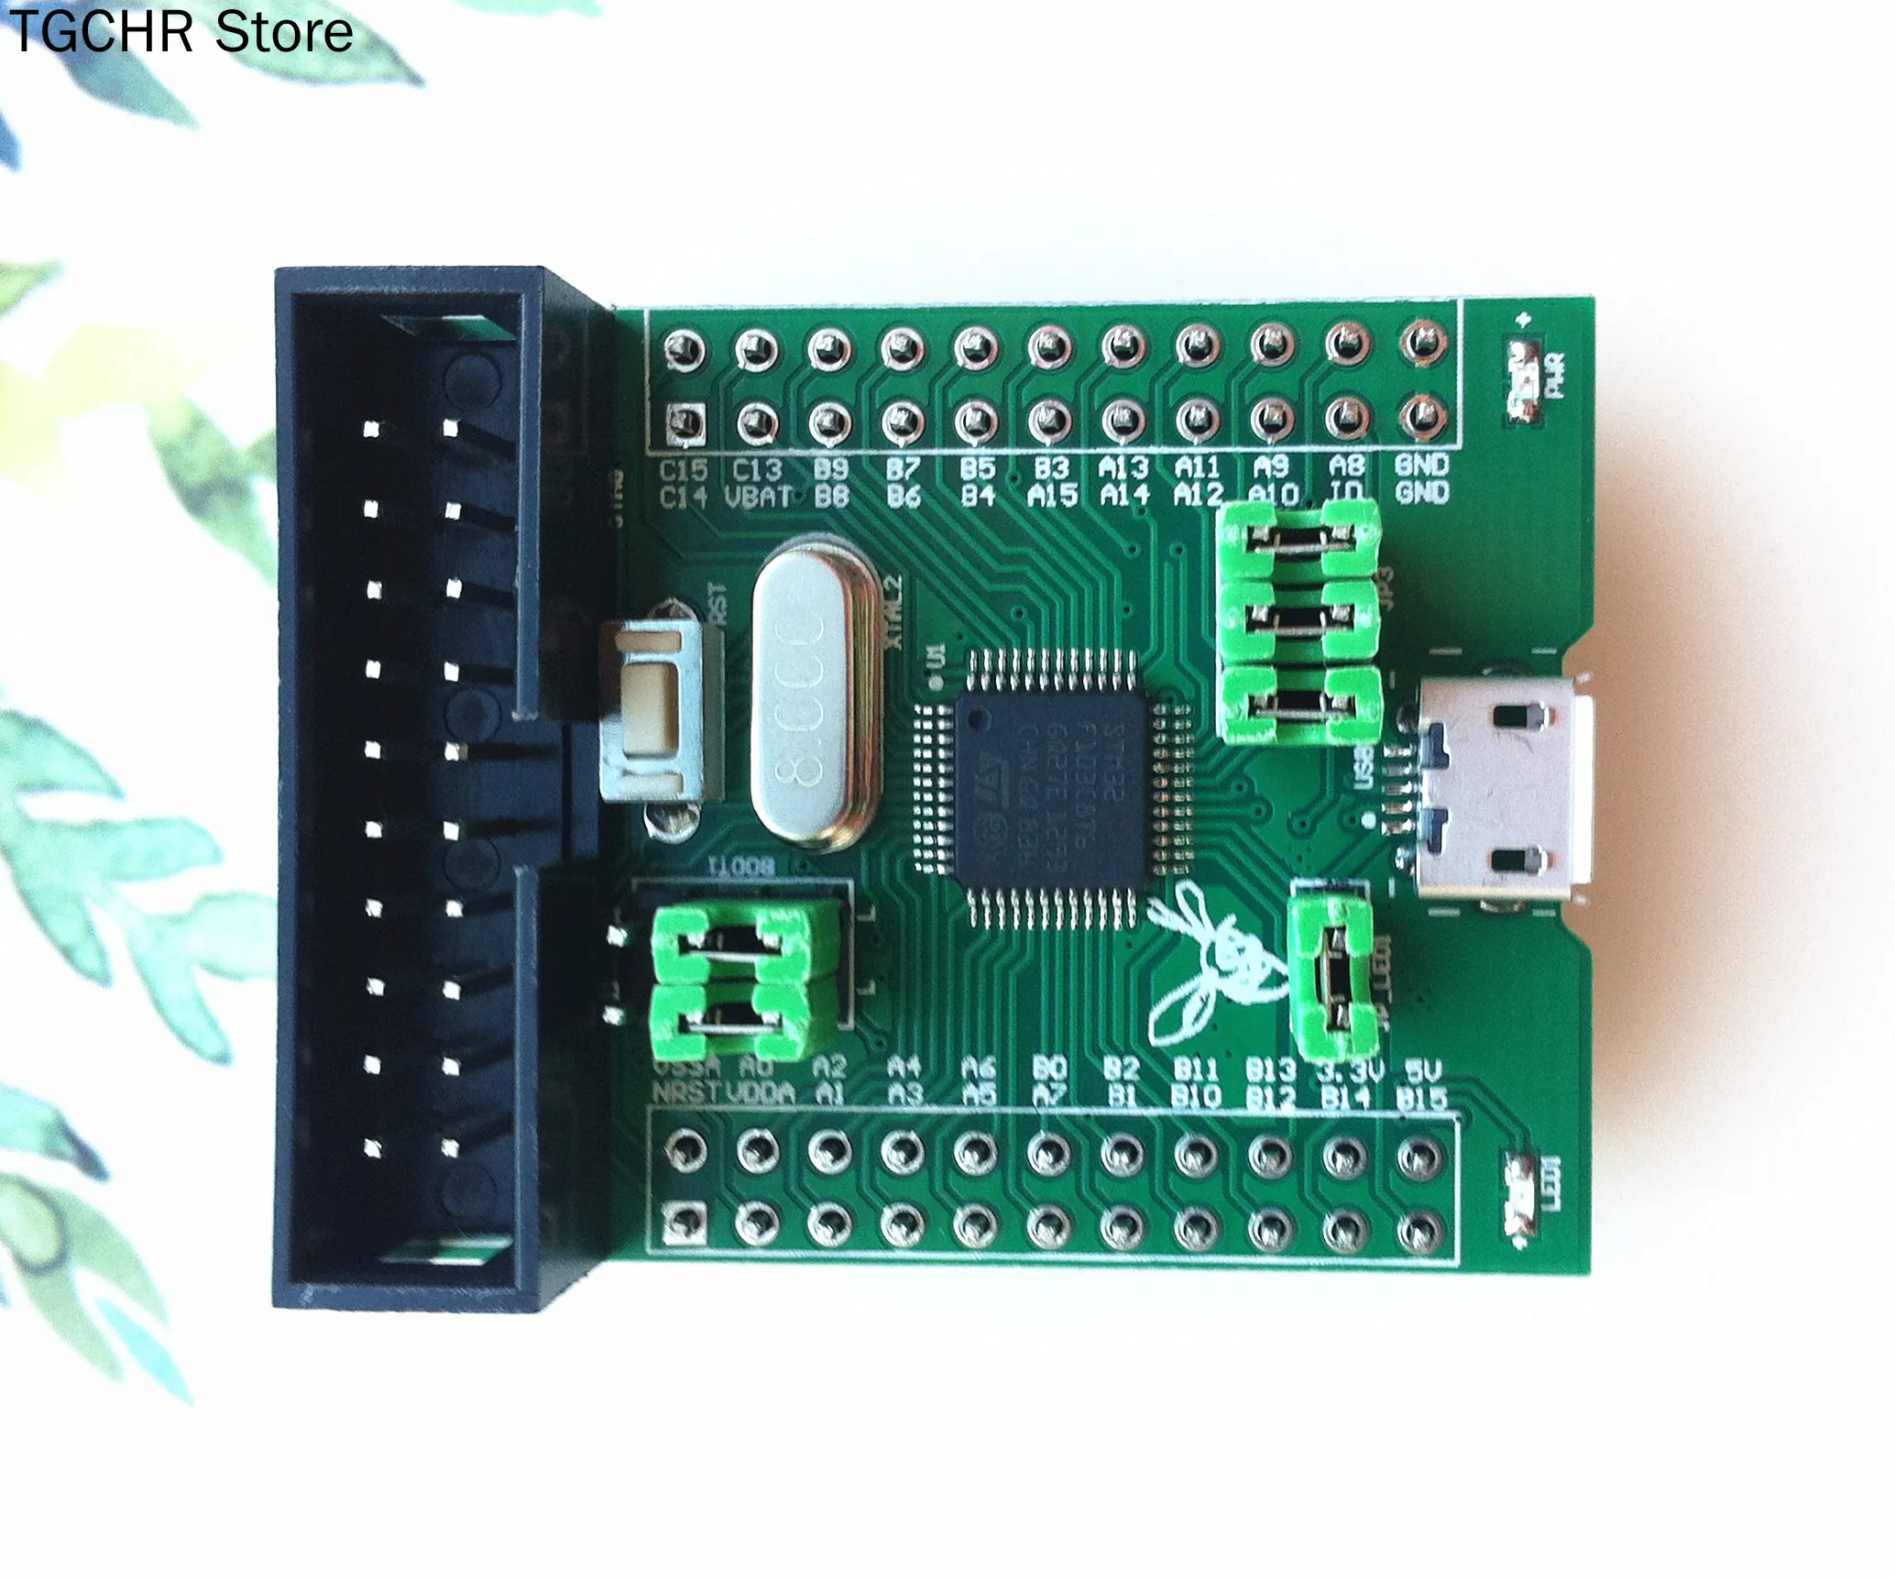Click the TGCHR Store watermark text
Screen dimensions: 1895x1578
click(181, 33)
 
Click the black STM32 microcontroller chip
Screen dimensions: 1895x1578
click(1050, 790)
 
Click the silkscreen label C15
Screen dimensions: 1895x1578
click(684, 470)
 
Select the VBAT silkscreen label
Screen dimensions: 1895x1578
click(759, 498)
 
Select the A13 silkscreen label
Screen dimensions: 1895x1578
click(1123, 468)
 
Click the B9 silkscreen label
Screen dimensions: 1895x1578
click(830, 469)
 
